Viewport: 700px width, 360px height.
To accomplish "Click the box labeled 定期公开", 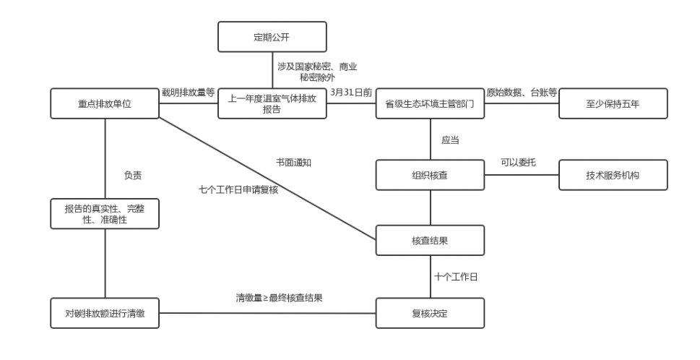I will pyautogui.click(x=272, y=37).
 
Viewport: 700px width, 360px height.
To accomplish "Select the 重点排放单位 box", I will pyautogui.click(x=105, y=103).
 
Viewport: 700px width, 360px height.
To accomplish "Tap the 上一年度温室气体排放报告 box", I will pyautogui.click(x=272, y=103).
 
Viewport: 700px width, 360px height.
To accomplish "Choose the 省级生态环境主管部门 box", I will pyautogui.click(x=431, y=103).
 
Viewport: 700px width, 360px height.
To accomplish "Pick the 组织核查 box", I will pyautogui.click(x=431, y=173).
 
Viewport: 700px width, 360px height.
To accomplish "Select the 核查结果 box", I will pyautogui.click(x=431, y=240).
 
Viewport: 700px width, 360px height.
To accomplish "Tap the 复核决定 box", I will pyautogui.click(x=431, y=313).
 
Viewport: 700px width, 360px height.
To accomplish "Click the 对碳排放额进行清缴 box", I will pyautogui.click(x=105, y=313).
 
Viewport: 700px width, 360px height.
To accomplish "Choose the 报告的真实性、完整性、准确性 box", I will pyautogui.click(x=105, y=213).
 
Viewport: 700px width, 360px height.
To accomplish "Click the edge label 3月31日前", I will pyautogui.click(x=352, y=92).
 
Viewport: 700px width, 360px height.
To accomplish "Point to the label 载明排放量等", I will pyautogui.click(x=189, y=92).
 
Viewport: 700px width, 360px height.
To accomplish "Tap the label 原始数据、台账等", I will pyautogui.click(x=522, y=92).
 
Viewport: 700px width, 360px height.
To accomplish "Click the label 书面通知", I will pyautogui.click(x=294, y=163).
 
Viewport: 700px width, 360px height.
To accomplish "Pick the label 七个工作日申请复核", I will pyautogui.click(x=239, y=189).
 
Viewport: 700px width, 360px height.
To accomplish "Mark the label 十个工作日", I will pyautogui.click(x=454, y=277).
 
